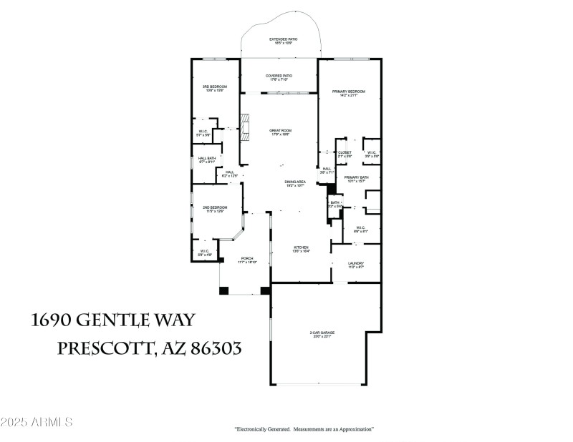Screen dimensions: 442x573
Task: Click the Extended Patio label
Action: pos(283,41)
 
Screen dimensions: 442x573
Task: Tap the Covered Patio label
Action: pos(279,77)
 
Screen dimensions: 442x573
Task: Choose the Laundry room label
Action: pos(356,265)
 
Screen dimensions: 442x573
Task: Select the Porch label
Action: pos(247,260)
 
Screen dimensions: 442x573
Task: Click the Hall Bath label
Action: pos(207,160)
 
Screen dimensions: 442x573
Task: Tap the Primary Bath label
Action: pos(356,179)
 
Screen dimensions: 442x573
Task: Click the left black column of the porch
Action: pos(223,290)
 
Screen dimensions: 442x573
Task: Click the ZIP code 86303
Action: pos(214,348)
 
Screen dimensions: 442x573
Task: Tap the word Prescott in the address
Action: pos(103,348)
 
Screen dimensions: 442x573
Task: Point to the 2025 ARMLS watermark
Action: pos(37,422)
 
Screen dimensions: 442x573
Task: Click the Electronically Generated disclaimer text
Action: pos(304,429)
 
